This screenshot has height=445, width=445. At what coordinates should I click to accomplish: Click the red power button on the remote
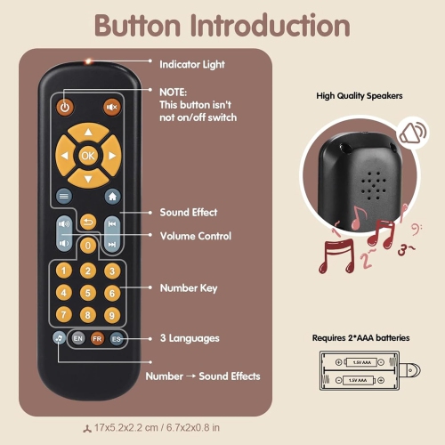coord(65,108)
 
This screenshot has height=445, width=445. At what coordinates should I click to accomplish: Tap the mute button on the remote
coord(112,108)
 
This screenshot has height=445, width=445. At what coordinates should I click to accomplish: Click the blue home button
coord(112,196)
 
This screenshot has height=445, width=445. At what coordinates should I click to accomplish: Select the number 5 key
coord(88,292)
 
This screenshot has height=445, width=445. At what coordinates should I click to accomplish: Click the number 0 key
coord(88,244)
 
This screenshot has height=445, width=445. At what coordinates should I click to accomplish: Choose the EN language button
coord(77,338)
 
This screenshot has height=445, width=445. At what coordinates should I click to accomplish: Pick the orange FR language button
coord(97,338)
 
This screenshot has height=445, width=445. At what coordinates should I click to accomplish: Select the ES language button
coord(117,338)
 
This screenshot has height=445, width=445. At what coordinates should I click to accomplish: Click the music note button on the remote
coord(58,338)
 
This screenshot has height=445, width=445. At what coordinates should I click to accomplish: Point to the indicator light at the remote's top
coord(88,61)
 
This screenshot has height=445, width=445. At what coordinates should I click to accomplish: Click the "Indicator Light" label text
coord(191,65)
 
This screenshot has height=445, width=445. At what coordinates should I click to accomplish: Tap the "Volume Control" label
coord(195,236)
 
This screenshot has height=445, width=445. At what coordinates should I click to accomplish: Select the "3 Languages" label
coord(189,338)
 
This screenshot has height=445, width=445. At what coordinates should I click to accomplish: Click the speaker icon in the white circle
coord(412,133)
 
